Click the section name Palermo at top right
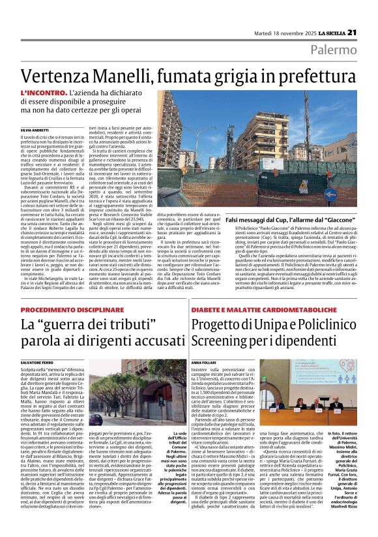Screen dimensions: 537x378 coord(342,50)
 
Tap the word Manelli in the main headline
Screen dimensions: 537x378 coord(109,75)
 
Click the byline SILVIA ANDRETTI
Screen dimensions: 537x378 coord(16,131)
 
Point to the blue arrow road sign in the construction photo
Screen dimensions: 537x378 coord(349,194)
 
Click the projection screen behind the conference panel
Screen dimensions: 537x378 coord(286,378)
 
